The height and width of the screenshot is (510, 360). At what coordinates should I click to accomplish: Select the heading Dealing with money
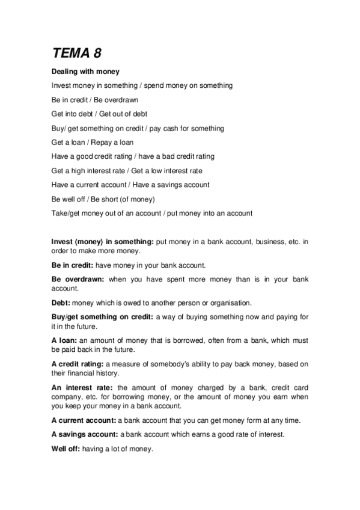85,72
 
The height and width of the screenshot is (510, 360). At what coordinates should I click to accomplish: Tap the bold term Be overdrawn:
78,279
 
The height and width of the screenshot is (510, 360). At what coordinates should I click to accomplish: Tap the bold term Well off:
66,448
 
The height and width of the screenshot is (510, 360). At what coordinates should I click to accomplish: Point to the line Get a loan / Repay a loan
93,143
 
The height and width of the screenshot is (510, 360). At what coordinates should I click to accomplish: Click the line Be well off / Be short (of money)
103,199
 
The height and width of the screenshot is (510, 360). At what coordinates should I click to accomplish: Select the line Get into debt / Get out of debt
100,114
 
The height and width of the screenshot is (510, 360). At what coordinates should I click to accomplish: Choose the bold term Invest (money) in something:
103,241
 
